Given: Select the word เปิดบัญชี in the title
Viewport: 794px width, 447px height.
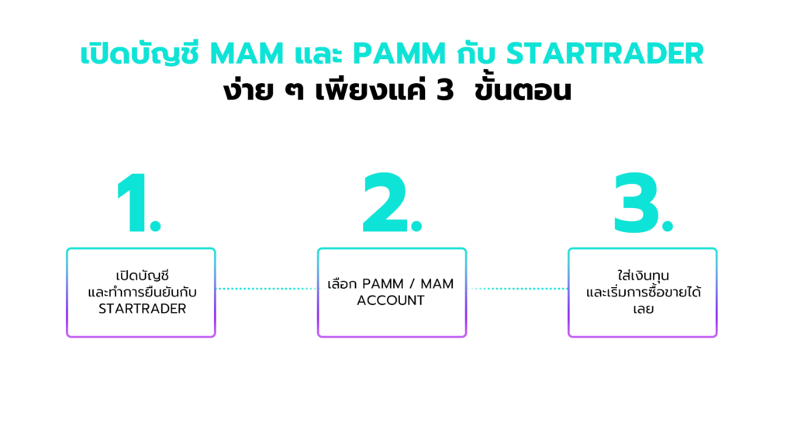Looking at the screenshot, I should pos(140,54).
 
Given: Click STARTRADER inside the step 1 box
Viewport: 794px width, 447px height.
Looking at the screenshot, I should pos(140,308).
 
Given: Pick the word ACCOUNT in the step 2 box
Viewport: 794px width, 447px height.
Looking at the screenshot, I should pos(391,300).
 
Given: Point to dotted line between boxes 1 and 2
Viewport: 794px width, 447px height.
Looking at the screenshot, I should pos(266,289).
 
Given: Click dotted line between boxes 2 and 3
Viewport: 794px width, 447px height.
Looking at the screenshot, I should pos(516,289).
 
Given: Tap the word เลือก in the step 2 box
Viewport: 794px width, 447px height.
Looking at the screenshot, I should pos(343,283).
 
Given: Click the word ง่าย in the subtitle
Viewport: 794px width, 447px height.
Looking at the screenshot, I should pos(243,91).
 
